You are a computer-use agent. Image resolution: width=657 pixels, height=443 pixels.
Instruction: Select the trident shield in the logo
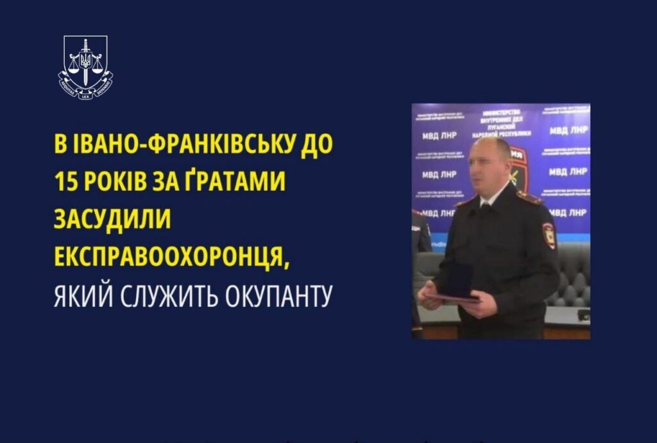pos(85,62)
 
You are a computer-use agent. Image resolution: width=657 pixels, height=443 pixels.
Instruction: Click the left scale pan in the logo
pos(72,67)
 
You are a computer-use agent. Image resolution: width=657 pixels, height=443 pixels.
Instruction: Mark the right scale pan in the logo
pos(98,67)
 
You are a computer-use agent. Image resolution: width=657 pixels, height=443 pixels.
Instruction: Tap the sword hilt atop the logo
pos(85,44)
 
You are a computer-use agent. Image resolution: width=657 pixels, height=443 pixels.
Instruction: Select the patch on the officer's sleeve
pos(549,235)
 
